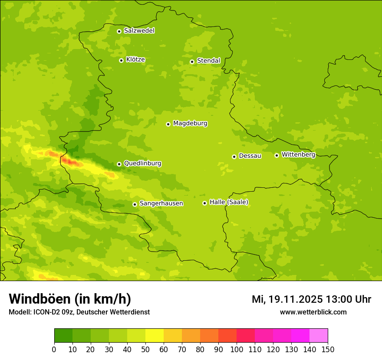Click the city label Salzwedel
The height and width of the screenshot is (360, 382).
click(139, 31)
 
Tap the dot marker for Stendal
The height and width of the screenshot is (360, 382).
click(192, 62)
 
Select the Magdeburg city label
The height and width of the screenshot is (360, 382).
click(190, 124)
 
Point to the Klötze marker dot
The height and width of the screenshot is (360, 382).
click(121, 60)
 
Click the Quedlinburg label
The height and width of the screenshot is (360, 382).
click(142, 164)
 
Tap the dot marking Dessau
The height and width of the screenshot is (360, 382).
click(234, 157)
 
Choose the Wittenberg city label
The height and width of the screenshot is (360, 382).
click(298, 155)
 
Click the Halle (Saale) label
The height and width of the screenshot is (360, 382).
click(229, 202)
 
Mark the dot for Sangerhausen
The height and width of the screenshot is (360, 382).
click(135, 204)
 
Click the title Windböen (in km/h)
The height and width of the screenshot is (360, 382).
click(70, 299)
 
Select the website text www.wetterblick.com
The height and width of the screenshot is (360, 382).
click(313, 312)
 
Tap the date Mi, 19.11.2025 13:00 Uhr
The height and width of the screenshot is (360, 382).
click(311, 299)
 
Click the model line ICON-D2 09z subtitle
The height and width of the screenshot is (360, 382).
click(79, 312)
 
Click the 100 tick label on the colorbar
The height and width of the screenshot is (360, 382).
click(237, 349)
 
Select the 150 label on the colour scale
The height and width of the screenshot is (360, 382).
click(328, 349)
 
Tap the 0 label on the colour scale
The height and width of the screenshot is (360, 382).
click(54, 349)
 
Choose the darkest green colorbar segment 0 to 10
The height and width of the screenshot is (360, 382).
click(63, 336)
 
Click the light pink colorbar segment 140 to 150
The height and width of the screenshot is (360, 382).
click(319, 336)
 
